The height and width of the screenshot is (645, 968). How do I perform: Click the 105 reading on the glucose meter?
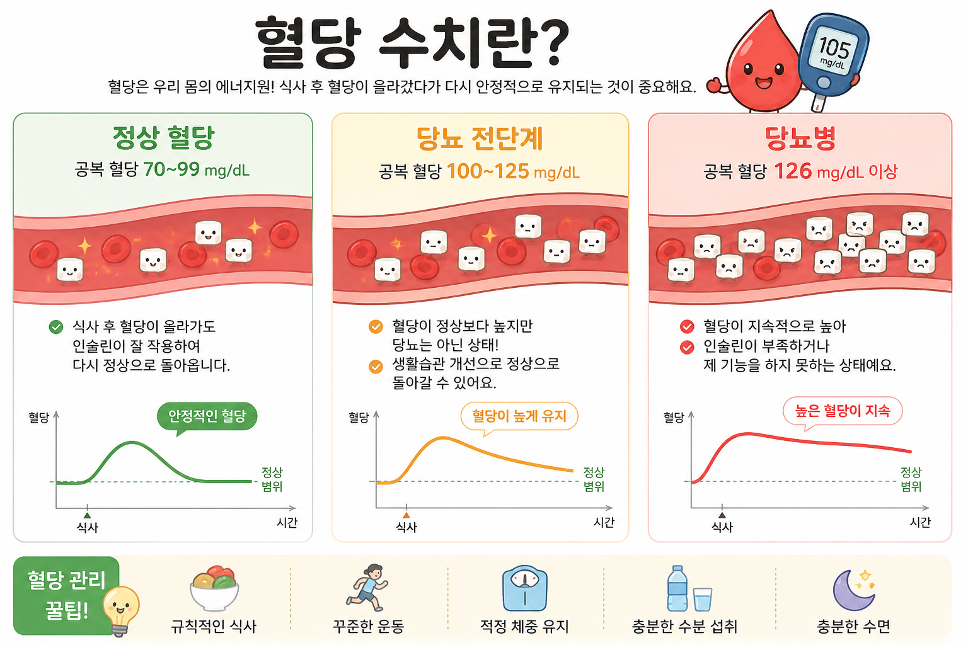[834, 47]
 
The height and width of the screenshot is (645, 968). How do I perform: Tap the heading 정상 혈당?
[163, 138]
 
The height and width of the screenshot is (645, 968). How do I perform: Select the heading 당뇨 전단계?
[480, 139]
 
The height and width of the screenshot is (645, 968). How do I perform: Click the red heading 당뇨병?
[800, 138]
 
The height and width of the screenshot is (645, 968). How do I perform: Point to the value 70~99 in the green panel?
[171, 169]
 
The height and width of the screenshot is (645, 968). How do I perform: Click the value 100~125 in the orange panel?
[488, 171]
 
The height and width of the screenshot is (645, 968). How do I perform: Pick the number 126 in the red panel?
[793, 171]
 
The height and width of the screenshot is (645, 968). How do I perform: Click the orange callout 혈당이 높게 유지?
[519, 417]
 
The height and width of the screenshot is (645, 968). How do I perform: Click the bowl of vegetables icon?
[214, 588]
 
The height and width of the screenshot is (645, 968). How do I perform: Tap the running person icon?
[367, 587]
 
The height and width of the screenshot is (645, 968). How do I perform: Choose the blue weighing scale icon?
[524, 588]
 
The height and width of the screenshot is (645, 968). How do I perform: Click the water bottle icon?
[677, 588]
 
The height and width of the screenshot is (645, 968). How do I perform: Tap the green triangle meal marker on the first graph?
[88, 515]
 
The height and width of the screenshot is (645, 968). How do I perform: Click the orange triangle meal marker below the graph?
[406, 515]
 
